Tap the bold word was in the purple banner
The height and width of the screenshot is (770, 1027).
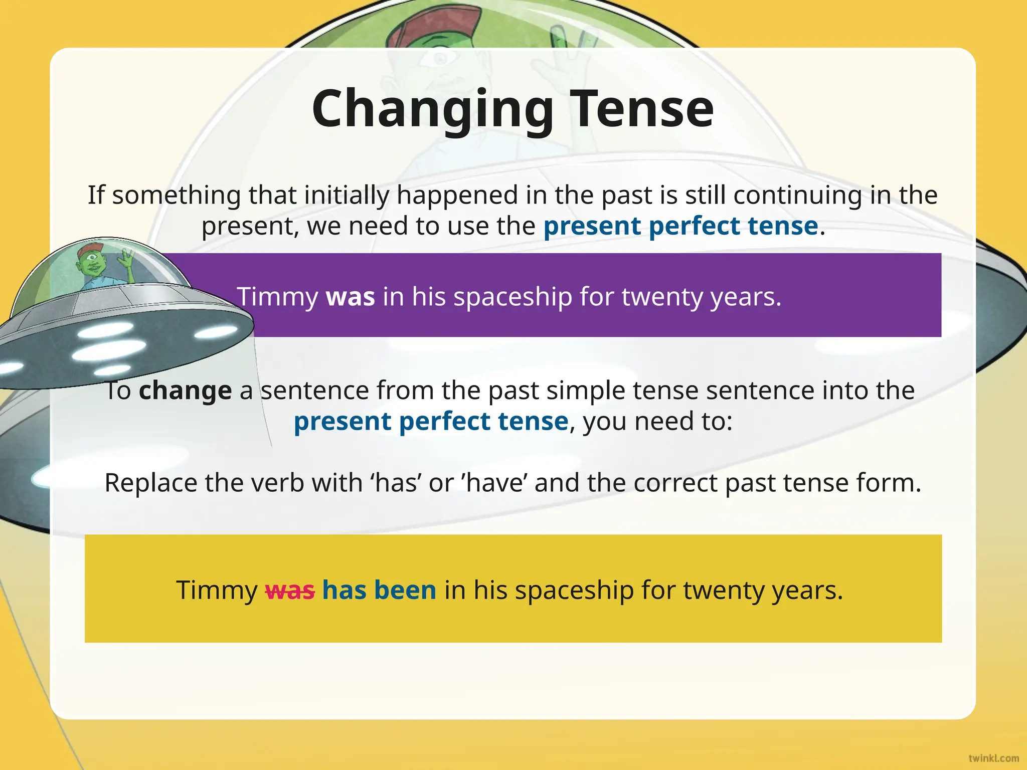[x=350, y=297]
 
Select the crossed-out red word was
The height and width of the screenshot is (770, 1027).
[x=290, y=591]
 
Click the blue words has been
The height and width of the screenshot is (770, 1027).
[x=379, y=590]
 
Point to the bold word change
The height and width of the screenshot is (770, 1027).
[x=185, y=391]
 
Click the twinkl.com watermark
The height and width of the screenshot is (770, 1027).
[x=993, y=758]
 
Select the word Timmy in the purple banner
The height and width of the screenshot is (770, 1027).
[x=277, y=297]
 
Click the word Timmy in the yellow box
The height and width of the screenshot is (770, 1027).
[x=217, y=591]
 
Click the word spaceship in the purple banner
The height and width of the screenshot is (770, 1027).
[x=512, y=297]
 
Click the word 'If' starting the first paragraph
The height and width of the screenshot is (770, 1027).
[x=96, y=195]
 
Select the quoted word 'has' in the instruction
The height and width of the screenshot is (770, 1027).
[x=397, y=483]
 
